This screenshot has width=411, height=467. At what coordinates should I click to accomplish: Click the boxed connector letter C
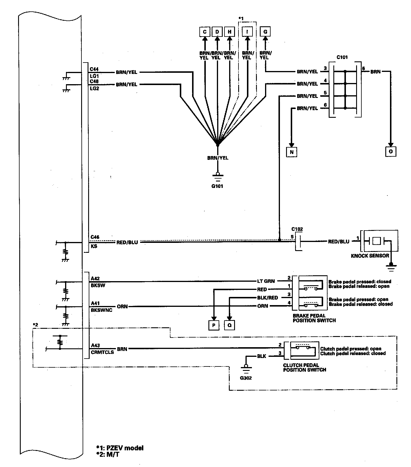(205, 32)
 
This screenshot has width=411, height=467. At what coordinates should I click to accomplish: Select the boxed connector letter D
(217, 32)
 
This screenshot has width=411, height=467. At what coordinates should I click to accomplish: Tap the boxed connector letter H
(230, 32)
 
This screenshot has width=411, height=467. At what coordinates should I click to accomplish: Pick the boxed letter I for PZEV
(247, 32)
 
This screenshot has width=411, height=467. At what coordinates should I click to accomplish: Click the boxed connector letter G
(265, 32)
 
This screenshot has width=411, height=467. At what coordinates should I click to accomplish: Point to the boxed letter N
(291, 152)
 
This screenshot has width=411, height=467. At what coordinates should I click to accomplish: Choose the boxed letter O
(391, 151)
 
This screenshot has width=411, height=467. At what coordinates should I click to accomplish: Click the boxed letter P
(214, 325)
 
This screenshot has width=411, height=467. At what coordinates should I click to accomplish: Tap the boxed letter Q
(229, 325)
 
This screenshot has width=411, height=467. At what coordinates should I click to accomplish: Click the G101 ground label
(217, 186)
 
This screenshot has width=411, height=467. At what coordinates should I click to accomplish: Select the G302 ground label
(246, 378)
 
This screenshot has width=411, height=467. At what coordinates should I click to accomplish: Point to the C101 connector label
(342, 57)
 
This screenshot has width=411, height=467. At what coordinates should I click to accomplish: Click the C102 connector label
(297, 229)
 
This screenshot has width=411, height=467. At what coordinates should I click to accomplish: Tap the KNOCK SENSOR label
(370, 255)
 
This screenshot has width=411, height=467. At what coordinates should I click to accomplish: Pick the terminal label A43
(95, 345)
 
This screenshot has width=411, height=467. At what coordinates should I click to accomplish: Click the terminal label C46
(95, 237)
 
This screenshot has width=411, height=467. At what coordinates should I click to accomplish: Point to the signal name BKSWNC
(102, 310)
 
